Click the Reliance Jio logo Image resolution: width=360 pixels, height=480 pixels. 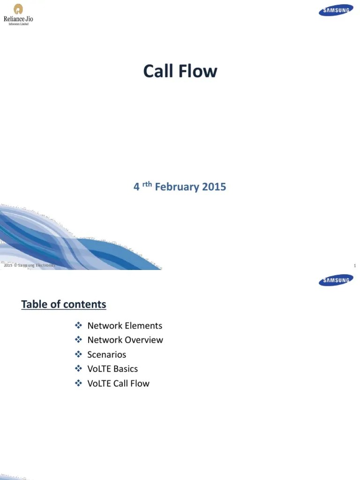click(19, 14)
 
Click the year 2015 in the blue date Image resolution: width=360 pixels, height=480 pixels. click(214, 187)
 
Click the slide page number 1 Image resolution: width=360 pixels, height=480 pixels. click(355, 266)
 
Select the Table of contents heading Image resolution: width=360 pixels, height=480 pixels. click(64, 304)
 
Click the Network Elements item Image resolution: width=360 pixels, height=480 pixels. click(125, 325)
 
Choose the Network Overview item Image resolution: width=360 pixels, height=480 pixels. click(125, 340)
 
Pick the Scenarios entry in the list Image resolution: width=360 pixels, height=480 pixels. click(107, 354)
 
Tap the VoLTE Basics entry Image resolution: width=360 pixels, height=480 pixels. click(112, 369)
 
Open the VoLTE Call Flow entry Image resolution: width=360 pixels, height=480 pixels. click(119, 383)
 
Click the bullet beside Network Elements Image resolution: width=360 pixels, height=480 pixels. click(78, 325)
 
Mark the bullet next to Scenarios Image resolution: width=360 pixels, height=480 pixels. click(78, 354)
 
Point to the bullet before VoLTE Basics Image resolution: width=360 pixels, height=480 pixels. click(78, 369)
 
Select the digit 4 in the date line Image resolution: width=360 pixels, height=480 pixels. click(136, 187)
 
